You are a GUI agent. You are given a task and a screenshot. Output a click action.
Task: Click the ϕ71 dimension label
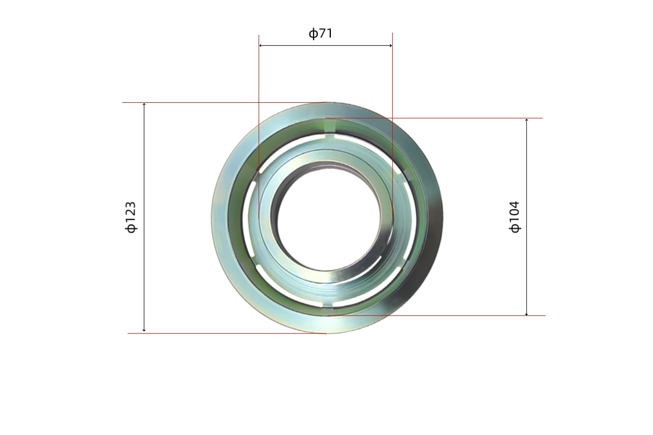tap(321, 34)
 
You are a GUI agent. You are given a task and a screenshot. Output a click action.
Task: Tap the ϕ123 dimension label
tap(131, 217)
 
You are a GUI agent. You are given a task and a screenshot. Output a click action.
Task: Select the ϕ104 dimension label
tap(514, 217)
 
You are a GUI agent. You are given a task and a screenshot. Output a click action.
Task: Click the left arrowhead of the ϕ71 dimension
tap(260, 46)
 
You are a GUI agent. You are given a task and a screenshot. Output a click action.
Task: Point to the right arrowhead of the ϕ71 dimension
tap(391, 46)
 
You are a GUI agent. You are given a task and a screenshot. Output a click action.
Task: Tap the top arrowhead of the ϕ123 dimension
tap(144, 104)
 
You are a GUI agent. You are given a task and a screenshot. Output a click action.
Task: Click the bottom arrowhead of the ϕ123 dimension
tap(144, 330)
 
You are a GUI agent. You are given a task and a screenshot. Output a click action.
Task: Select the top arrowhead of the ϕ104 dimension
tap(527, 120)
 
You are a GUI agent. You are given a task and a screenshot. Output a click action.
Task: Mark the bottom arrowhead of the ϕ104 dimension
tap(527, 314)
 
